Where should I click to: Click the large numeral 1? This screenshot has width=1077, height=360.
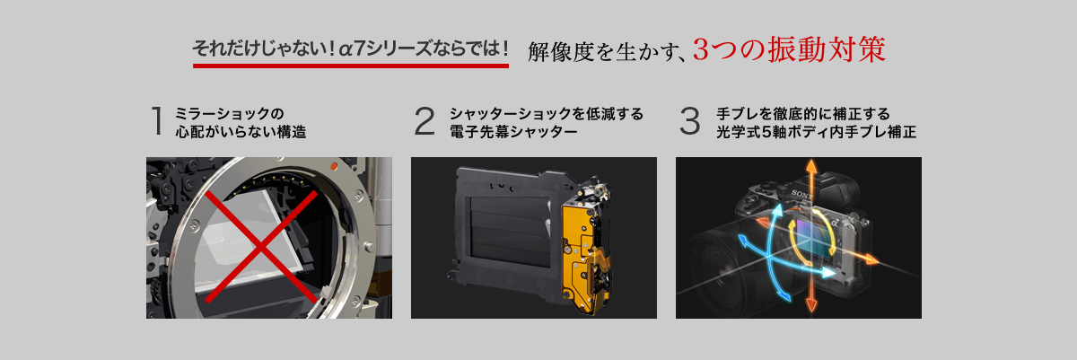[x=157, y=120]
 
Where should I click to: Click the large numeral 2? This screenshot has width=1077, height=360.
[x=424, y=120]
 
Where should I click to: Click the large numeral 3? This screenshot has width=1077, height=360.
[x=690, y=120]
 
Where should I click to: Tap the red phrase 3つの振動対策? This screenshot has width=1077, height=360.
[x=789, y=49]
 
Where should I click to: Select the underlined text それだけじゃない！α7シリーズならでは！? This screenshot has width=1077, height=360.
[x=351, y=48]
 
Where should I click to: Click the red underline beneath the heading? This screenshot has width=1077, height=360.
[x=351, y=66]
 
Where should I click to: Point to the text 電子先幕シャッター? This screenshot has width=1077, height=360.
[x=513, y=131]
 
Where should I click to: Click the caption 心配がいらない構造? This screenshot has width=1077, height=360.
[x=241, y=131]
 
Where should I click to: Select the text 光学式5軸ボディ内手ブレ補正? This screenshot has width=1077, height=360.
[x=816, y=131]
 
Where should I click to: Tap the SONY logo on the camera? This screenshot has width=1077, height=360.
[x=801, y=194]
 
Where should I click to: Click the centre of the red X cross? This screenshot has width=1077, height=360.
[x=261, y=247]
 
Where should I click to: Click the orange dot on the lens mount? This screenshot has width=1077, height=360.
[x=334, y=166]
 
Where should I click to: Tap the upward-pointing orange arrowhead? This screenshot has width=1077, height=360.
[x=811, y=166]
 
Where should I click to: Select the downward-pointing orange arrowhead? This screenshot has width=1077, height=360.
[x=811, y=304]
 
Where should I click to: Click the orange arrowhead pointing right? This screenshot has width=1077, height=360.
[x=871, y=259]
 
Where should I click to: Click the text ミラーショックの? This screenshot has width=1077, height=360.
[x=229, y=113]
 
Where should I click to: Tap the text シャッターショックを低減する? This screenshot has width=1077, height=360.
[x=547, y=113]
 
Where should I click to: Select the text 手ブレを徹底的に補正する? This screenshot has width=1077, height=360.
[x=803, y=113]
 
